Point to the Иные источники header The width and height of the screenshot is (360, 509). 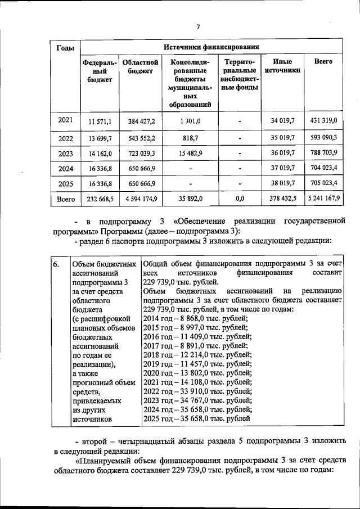point(282,66)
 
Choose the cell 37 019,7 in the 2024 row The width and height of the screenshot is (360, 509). point(282,168)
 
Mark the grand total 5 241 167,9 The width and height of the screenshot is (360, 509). point(323,199)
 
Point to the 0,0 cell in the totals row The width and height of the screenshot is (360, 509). point(240,199)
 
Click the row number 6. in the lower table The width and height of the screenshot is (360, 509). point(56,264)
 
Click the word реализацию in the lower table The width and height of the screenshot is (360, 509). point(322,291)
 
